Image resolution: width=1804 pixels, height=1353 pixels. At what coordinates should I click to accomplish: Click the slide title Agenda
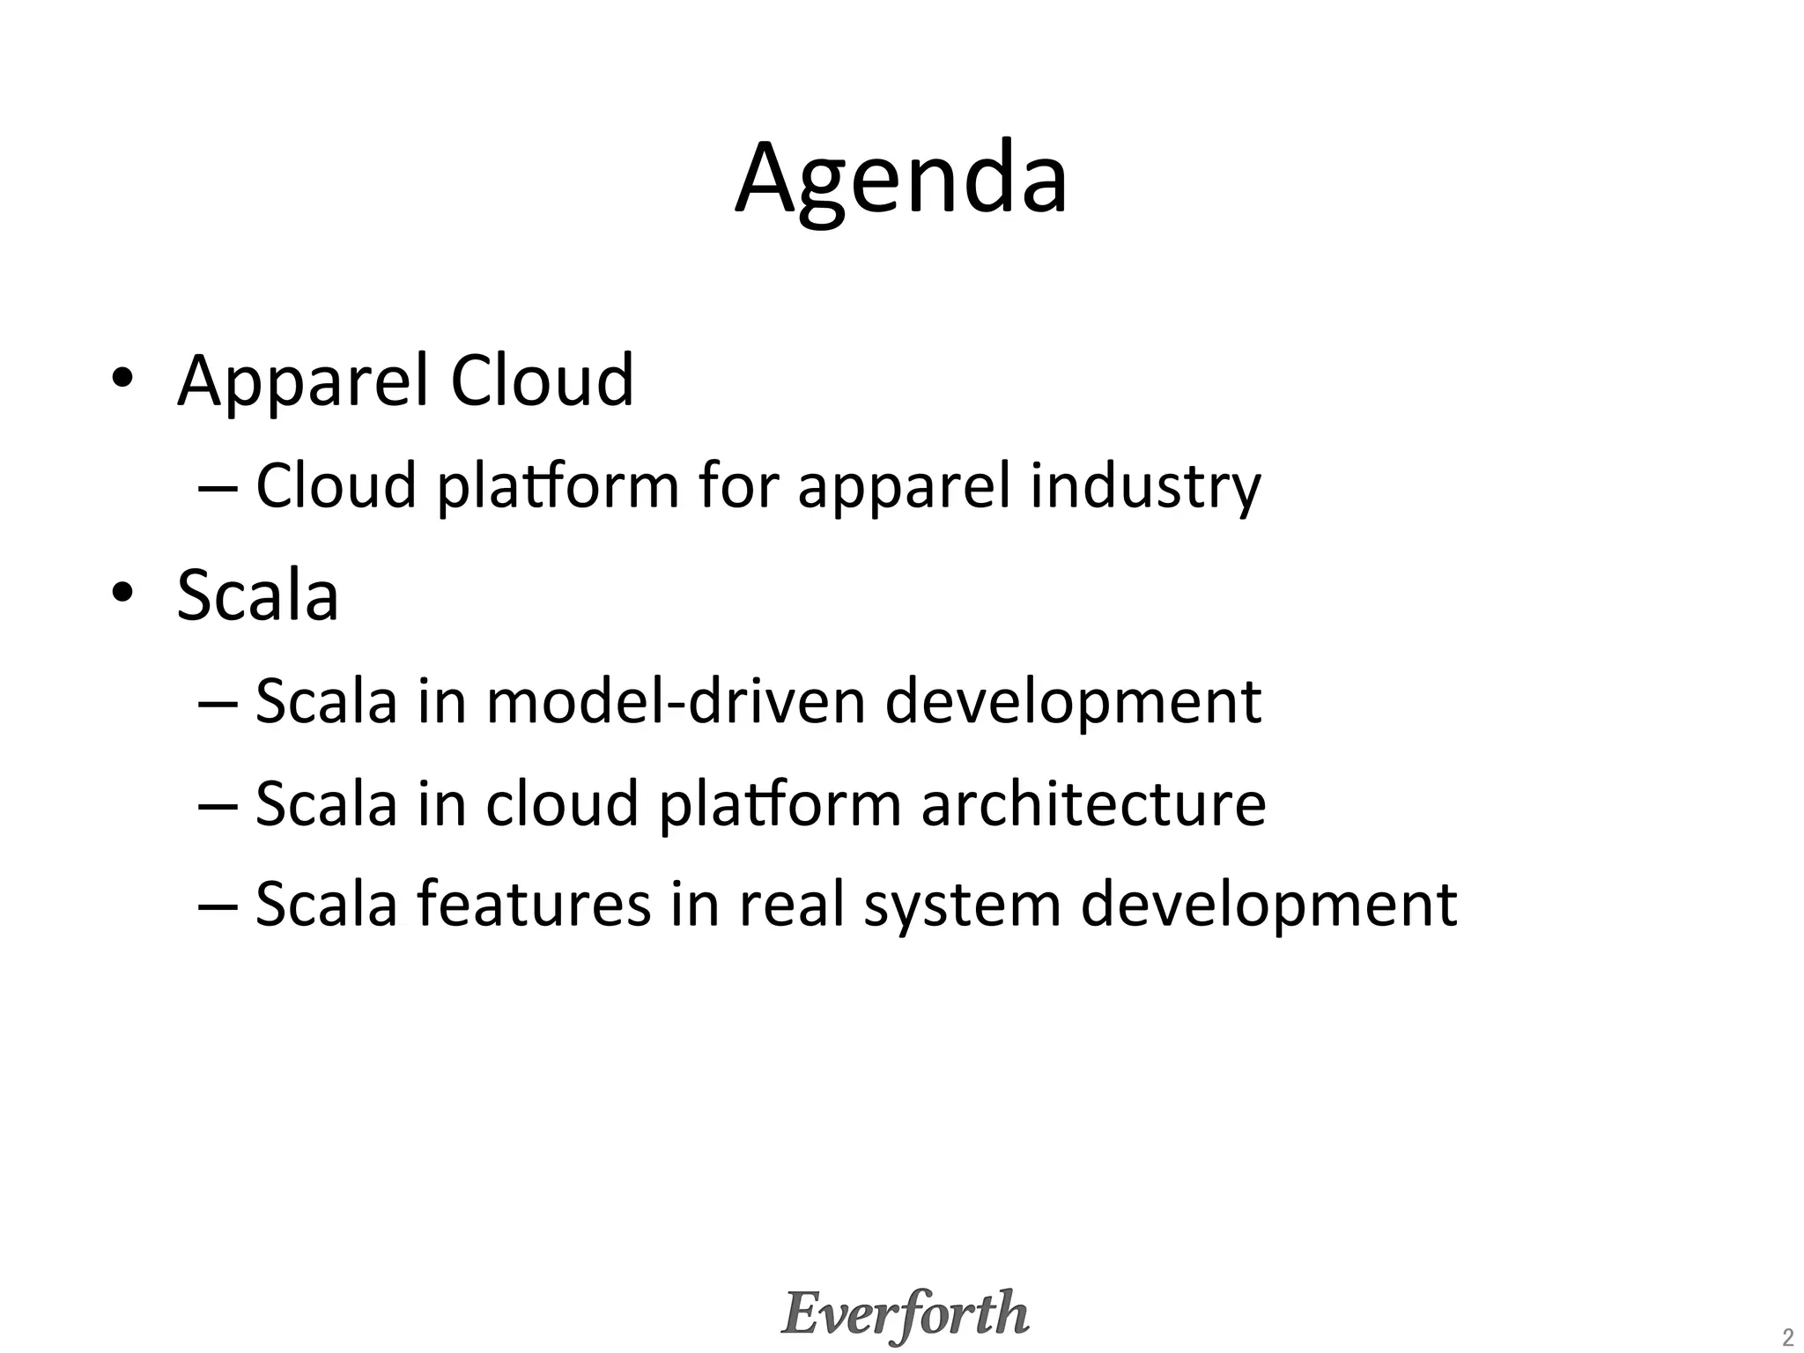pos(901,181)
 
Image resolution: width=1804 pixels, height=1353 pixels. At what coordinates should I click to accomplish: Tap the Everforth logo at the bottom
pos(905,1313)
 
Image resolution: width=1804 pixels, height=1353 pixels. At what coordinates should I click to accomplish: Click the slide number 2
pos(1787,1337)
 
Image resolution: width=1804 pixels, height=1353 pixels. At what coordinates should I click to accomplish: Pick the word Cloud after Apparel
pos(542,381)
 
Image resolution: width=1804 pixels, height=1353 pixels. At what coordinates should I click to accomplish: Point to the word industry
pos(1145,487)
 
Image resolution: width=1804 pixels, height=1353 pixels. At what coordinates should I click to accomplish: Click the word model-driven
pos(676,702)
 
